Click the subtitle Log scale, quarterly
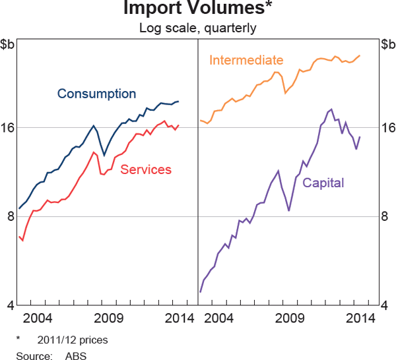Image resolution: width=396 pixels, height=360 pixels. click(x=197, y=28)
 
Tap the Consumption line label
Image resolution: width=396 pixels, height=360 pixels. click(x=96, y=94)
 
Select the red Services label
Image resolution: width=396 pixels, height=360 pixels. click(x=146, y=169)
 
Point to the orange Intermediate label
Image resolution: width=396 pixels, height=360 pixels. click(x=246, y=60)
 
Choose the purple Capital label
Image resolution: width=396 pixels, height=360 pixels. click(x=323, y=183)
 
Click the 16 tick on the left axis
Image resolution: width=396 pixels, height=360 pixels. click(x=8, y=127)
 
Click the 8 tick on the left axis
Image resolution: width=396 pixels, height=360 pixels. click(x=8, y=216)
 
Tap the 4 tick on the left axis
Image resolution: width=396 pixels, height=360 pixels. click(x=8, y=305)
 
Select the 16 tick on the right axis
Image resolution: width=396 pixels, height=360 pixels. click(x=388, y=127)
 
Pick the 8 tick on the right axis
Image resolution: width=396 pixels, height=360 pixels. click(x=388, y=216)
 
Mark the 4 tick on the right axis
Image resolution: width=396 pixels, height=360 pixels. click(x=388, y=305)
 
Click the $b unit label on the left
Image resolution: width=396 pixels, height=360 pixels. click(x=9, y=45)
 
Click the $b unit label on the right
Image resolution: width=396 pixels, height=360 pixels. click(x=387, y=45)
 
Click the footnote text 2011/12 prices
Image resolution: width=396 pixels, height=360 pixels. click(x=73, y=340)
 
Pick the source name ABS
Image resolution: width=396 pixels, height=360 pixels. click(x=75, y=355)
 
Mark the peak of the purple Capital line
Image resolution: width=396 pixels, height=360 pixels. click(x=331, y=109)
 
